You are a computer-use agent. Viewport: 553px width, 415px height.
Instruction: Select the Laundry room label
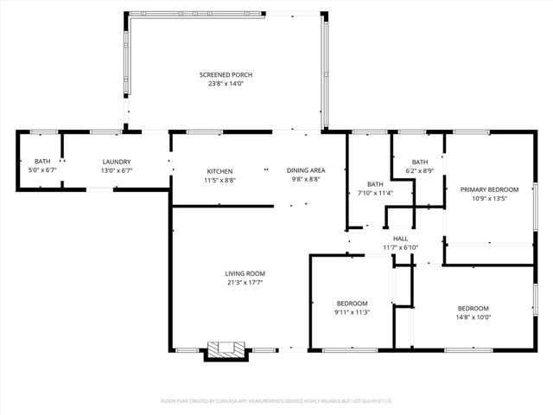point(117,162)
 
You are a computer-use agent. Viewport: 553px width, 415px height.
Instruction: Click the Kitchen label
point(219,171)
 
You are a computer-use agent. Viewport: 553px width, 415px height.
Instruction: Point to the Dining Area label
point(305,171)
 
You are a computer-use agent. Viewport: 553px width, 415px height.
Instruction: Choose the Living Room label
point(245,273)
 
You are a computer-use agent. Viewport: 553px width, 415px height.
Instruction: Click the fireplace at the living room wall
point(226,350)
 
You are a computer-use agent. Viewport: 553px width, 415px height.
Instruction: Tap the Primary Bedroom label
point(489,189)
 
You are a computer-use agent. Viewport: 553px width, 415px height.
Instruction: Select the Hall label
point(400,239)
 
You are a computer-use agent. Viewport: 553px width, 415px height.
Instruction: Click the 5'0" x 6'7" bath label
point(42,170)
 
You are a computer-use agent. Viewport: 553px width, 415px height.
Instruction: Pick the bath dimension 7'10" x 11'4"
point(375,193)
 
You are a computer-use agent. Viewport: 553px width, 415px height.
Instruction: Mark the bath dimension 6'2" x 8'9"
point(419,171)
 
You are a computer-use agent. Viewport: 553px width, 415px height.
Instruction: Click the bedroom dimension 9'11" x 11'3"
point(353,312)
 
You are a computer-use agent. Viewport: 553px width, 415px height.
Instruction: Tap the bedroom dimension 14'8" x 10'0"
point(473,317)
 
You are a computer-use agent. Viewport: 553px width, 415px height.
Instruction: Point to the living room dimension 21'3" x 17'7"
point(245,283)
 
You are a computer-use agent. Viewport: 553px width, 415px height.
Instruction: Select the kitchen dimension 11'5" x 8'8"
point(219,180)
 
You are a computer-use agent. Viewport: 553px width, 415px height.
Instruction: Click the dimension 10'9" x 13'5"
point(489,198)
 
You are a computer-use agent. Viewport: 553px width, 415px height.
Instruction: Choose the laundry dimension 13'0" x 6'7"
point(117,170)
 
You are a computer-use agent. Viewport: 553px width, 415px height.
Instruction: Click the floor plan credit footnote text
point(276,400)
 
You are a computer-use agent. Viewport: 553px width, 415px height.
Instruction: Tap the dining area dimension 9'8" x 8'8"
point(305,180)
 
